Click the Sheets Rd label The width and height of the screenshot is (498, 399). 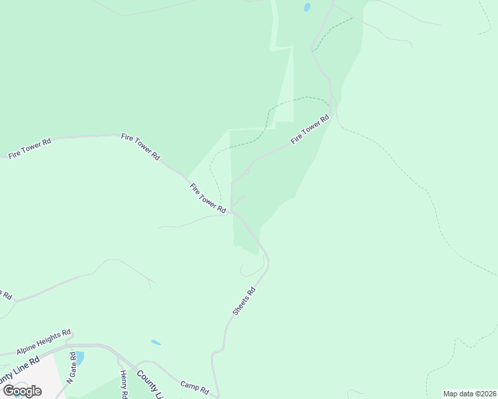tap(244, 301)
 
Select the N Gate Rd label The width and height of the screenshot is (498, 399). tap(70, 372)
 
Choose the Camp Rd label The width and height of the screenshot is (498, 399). tap(195, 386)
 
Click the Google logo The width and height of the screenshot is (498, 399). tap(22, 391)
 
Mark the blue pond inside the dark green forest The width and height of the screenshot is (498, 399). tap(307, 8)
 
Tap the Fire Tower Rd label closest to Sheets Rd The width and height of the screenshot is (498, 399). tap(208, 198)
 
